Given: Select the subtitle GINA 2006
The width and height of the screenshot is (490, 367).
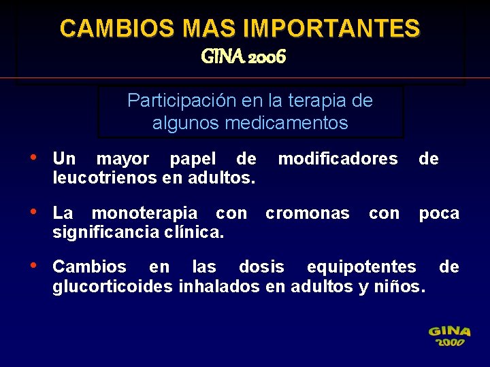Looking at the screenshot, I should pyautogui.click(x=244, y=57).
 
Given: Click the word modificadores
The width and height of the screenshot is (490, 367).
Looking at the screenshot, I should pyautogui.click(x=338, y=159).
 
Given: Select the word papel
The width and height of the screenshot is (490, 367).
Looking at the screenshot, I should pyautogui.click(x=192, y=159).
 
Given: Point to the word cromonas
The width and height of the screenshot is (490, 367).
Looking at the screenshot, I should pyautogui.click(x=307, y=213).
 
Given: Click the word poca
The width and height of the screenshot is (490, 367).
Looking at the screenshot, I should pyautogui.click(x=439, y=213).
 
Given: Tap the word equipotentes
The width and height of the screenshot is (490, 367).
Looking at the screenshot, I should pyautogui.click(x=361, y=266).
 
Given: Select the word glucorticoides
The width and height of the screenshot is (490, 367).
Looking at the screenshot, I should pyautogui.click(x=112, y=286).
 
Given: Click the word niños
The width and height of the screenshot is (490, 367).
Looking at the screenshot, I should pyautogui.click(x=400, y=286).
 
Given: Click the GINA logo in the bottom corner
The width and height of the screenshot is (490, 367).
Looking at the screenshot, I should pyautogui.click(x=449, y=336).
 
